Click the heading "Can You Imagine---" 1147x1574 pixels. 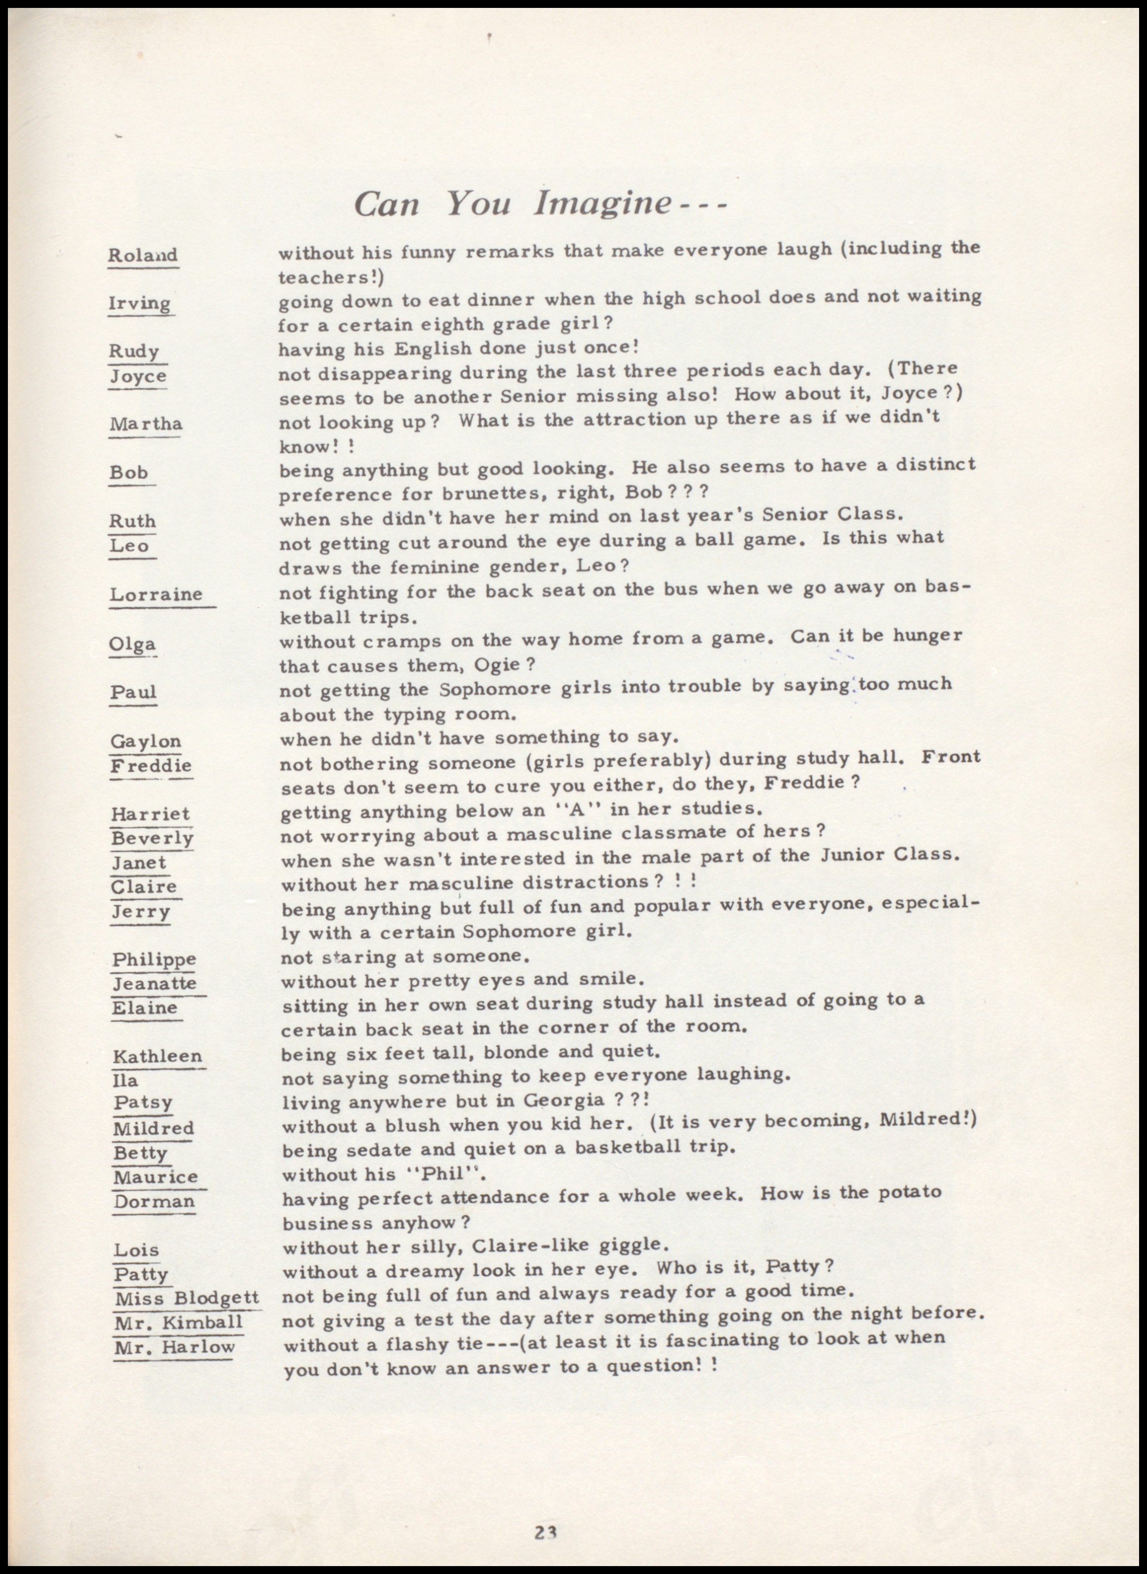click(x=539, y=203)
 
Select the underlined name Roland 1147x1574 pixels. click(x=143, y=255)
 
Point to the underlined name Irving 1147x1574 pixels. click(x=139, y=304)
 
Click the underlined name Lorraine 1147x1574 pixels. click(x=156, y=594)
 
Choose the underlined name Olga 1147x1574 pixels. click(x=132, y=644)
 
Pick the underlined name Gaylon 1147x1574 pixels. click(x=145, y=741)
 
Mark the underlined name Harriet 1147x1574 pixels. click(x=150, y=813)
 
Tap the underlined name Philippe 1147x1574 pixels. click(x=154, y=959)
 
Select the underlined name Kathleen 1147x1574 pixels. click(x=158, y=1056)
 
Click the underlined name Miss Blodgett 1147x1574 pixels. click(x=187, y=1298)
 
